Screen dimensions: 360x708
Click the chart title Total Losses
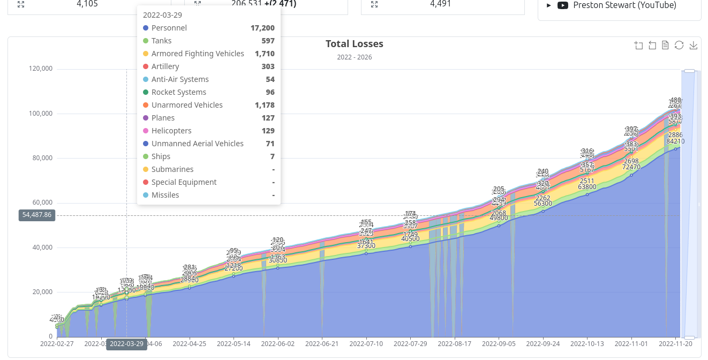click(354, 44)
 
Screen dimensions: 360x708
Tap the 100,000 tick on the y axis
click(41, 114)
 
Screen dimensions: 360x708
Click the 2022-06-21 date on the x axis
click(322, 344)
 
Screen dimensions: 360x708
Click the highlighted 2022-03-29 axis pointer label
click(126, 344)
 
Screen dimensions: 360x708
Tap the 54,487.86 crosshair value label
click(37, 215)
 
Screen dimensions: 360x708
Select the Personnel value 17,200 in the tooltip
click(262, 28)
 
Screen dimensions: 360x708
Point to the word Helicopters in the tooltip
click(171, 131)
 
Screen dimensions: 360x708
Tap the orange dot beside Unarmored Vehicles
click(146, 105)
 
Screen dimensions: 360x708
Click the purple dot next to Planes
click(146, 118)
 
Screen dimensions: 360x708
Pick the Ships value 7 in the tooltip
click(272, 156)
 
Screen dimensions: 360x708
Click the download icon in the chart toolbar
click(693, 45)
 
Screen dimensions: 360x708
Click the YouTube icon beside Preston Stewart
click(562, 5)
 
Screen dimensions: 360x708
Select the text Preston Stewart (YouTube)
click(624, 5)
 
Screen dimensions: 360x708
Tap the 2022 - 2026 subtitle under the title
click(354, 57)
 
